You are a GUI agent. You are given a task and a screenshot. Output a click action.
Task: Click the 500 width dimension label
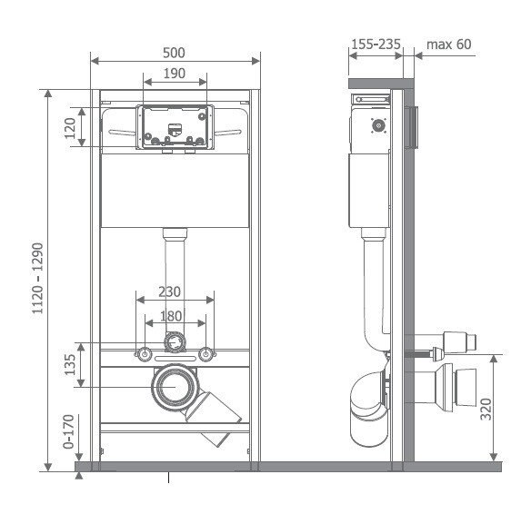point(174,53)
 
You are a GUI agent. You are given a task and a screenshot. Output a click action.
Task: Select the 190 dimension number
point(175,74)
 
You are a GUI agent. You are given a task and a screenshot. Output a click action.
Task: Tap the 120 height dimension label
point(70,128)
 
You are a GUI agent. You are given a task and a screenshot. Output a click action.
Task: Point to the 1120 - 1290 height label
point(38,278)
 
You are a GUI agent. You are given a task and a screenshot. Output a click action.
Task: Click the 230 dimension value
point(169,292)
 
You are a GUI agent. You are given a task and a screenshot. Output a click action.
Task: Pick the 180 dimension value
point(171,316)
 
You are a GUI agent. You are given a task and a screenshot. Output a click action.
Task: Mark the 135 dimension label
point(70,364)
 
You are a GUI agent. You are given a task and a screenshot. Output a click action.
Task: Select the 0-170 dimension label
point(68,431)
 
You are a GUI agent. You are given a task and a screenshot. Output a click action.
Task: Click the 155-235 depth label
point(376,44)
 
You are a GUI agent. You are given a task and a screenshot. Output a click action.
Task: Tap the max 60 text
point(448,44)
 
